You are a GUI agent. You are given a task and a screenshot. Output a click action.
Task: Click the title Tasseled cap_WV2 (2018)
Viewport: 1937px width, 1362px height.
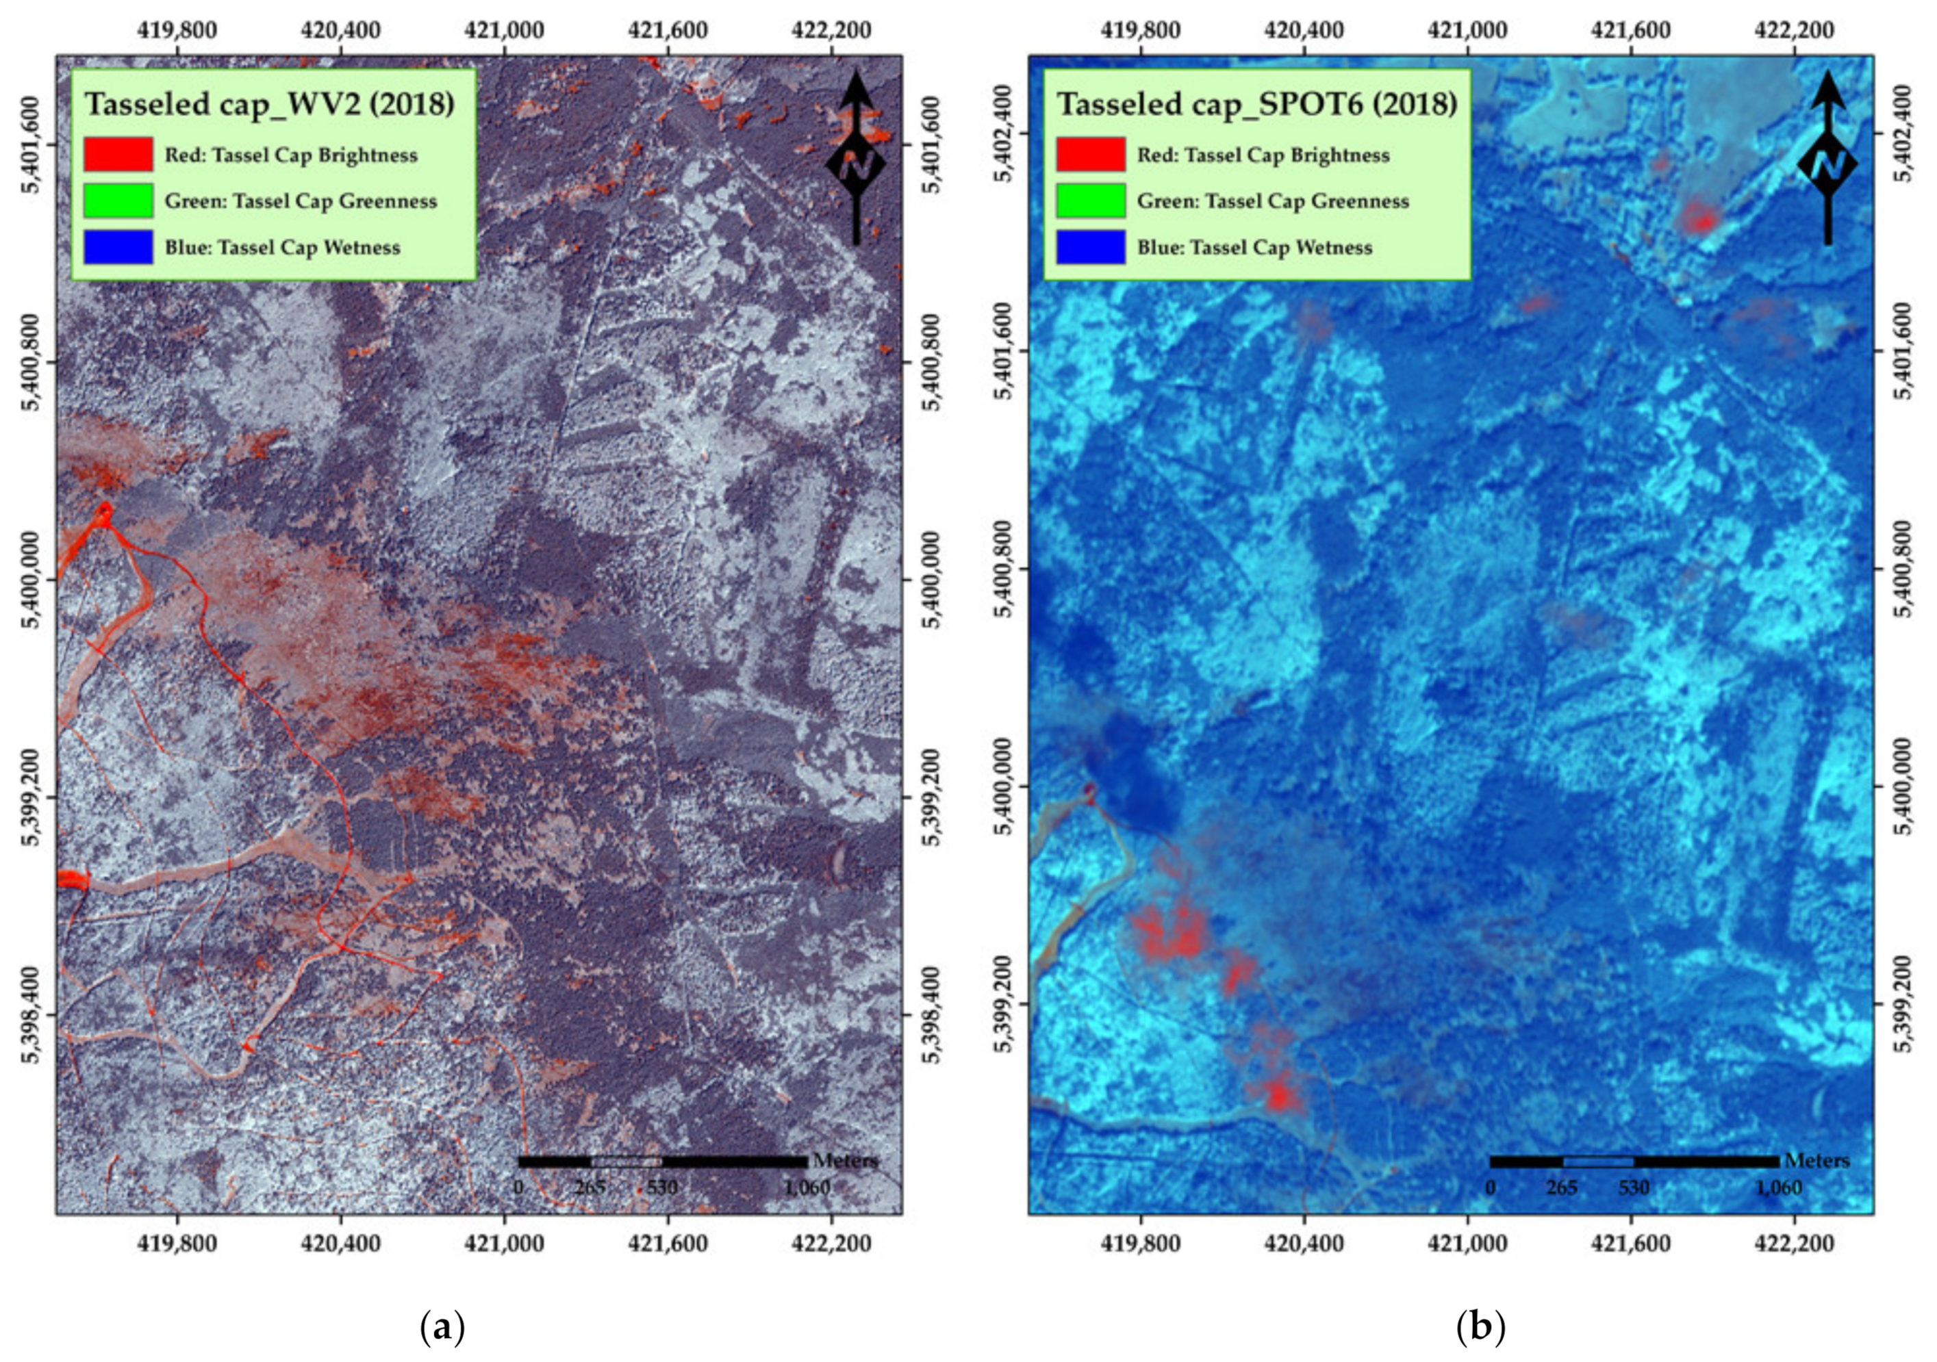click(x=270, y=104)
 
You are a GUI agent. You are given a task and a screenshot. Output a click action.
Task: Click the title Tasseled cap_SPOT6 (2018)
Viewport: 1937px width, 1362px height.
click(x=1257, y=104)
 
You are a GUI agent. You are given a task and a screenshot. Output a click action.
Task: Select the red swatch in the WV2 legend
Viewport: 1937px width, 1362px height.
click(x=118, y=154)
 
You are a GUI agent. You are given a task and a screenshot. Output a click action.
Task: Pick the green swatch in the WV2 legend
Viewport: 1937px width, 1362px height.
click(x=118, y=201)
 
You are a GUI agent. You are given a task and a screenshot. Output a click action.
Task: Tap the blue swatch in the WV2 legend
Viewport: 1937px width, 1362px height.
click(x=118, y=247)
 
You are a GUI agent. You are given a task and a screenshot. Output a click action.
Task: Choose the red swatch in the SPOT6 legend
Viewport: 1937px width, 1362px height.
click(x=1090, y=154)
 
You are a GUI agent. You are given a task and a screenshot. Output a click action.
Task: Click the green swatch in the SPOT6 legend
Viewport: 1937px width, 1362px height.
click(x=1090, y=201)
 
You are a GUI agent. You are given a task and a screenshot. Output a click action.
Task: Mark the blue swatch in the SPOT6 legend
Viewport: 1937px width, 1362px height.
click(x=1090, y=247)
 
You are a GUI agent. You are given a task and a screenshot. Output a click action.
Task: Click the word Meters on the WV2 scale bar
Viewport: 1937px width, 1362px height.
click(x=846, y=1161)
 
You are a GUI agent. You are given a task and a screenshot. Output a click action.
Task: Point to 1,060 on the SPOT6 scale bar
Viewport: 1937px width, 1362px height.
click(x=1778, y=1188)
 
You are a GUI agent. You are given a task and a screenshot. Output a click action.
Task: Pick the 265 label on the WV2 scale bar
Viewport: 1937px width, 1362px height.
click(x=590, y=1188)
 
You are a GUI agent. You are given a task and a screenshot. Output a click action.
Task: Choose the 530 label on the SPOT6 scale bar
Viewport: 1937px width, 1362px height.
click(x=1633, y=1188)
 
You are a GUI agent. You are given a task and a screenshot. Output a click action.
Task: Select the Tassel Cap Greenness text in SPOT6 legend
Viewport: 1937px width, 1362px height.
click(x=1273, y=201)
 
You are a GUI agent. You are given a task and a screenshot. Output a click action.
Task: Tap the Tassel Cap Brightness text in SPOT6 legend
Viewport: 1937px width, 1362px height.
click(x=1263, y=154)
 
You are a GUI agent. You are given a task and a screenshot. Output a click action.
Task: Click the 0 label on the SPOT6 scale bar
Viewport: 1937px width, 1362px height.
click(x=1491, y=1188)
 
